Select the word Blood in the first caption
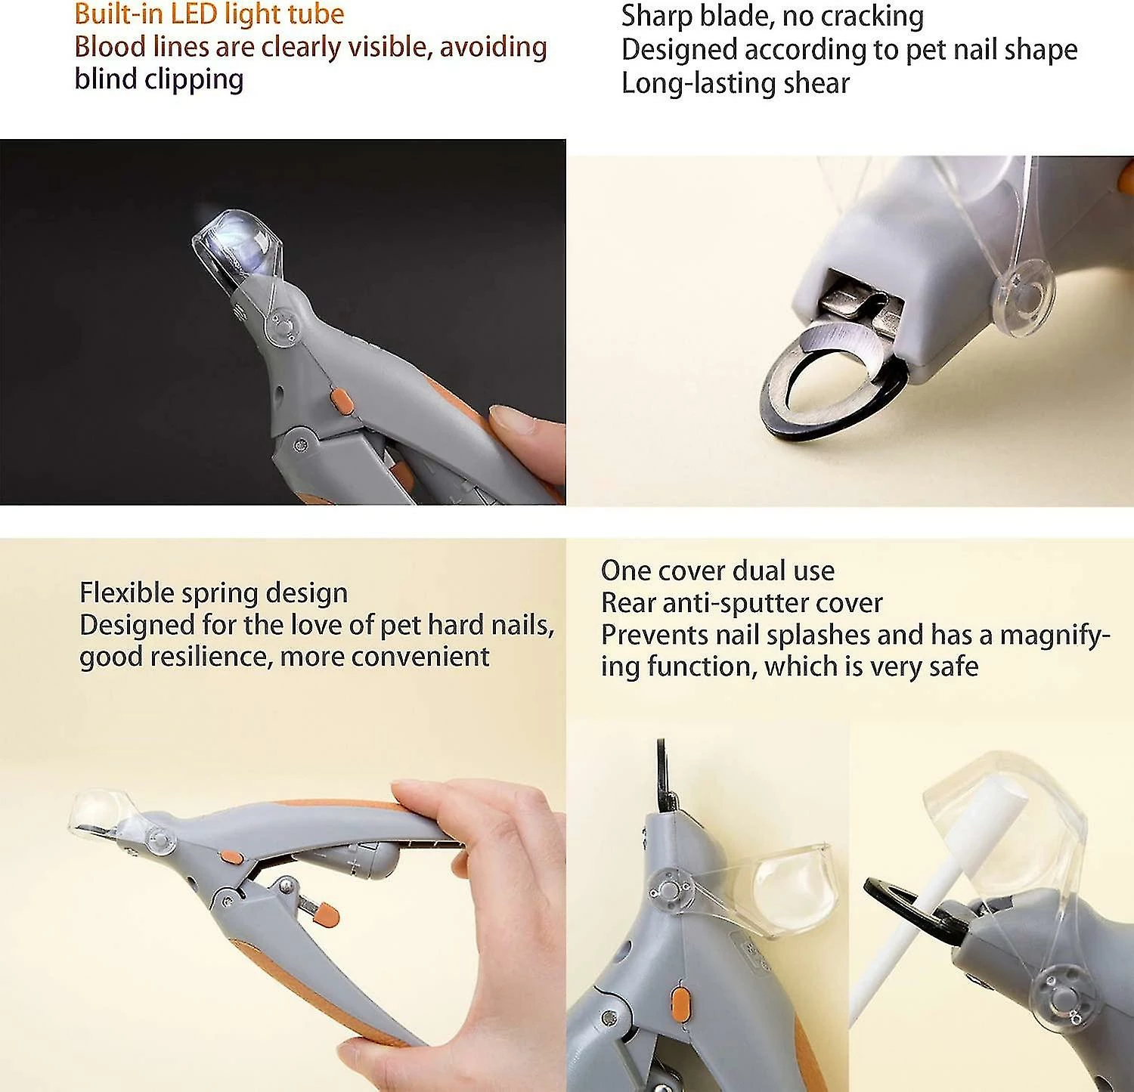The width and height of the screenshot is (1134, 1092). pyautogui.click(x=109, y=47)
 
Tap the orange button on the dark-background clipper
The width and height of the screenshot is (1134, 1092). pyautogui.click(x=342, y=401)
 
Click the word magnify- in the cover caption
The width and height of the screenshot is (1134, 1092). pyautogui.click(x=1055, y=635)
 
